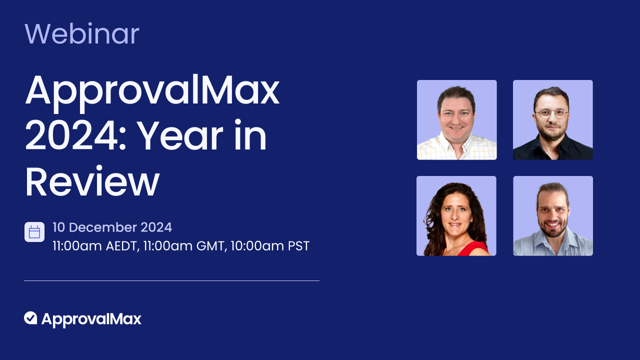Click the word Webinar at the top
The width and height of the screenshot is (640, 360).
pyautogui.click(x=81, y=34)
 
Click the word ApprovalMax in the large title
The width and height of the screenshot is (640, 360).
pyautogui.click(x=152, y=91)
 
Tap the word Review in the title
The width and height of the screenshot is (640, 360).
pyautogui.click(x=92, y=182)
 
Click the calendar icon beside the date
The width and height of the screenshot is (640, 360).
pyautogui.click(x=34, y=232)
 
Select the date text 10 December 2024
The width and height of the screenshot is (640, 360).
pyautogui.click(x=112, y=227)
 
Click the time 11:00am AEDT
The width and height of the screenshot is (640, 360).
pyautogui.click(x=95, y=246)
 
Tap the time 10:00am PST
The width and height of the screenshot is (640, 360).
pyautogui.click(x=270, y=246)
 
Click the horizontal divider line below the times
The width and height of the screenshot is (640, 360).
pyautogui.click(x=171, y=280)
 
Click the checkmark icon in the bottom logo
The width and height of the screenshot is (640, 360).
pyautogui.click(x=30, y=318)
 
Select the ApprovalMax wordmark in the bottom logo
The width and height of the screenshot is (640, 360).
pyautogui.click(x=91, y=319)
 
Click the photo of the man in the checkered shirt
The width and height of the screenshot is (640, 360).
pyautogui.click(x=456, y=120)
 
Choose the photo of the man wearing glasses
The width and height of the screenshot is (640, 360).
pyautogui.click(x=552, y=120)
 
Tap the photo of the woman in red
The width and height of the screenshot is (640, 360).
pyautogui.click(x=456, y=216)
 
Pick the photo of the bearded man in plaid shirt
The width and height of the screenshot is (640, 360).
pyautogui.click(x=552, y=216)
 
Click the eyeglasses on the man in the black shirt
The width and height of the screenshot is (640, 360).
pyautogui.click(x=551, y=114)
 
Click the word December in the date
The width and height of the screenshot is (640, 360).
pyautogui.click(x=103, y=227)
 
